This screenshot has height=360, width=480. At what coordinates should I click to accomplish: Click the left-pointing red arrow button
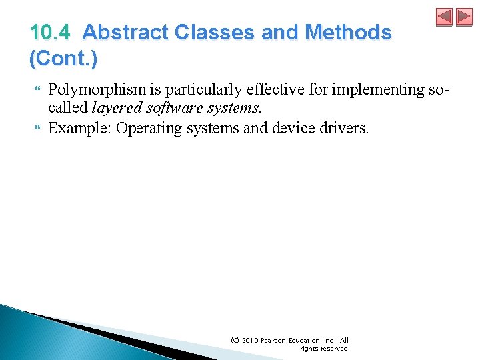(445, 17)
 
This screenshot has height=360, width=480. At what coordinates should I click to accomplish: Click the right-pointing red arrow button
(464, 17)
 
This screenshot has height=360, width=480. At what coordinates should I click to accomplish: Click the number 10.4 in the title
(51, 32)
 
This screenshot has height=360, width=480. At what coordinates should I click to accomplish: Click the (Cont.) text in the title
(63, 59)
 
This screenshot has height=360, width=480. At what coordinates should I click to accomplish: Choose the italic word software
(166, 109)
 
